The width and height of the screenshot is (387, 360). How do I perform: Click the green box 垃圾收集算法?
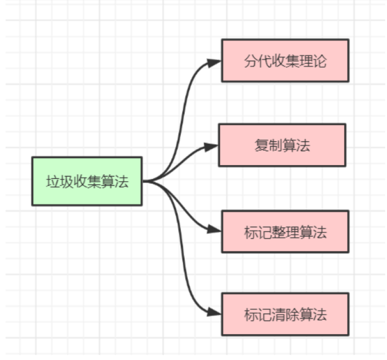tap(87, 181)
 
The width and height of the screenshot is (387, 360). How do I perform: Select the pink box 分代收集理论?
tap(285, 60)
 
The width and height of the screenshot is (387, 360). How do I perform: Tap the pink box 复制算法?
tap(282, 145)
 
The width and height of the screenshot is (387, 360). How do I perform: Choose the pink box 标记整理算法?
tap(285, 232)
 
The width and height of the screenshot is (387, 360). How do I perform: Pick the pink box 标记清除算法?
tap(285, 314)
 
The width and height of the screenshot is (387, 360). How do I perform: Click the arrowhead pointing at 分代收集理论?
tap(214, 63)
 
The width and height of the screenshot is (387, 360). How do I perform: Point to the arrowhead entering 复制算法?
tap(211, 147)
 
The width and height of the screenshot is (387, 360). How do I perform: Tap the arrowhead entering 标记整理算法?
tap(214, 229)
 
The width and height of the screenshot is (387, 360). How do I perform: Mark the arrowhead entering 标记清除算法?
tap(214, 312)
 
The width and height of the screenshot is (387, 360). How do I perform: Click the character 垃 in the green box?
tap(53, 182)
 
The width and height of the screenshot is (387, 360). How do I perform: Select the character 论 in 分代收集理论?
tap(320, 61)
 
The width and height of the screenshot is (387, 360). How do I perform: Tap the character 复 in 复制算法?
tap(261, 145)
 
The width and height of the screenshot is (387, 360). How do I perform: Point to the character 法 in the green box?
tap(122, 182)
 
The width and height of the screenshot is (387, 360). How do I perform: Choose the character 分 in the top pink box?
tap(251, 61)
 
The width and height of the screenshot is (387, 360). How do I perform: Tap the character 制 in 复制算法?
tap(275, 145)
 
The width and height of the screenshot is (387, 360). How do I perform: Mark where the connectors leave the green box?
tap(143, 182)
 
